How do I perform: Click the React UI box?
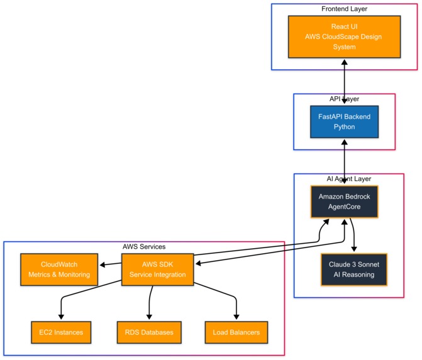pyautogui.click(x=344, y=36)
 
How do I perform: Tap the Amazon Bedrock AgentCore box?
pyautogui.click(x=344, y=201)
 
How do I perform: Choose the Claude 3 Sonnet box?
pyautogui.click(x=353, y=270)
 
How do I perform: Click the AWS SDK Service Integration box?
pyautogui.click(x=157, y=270)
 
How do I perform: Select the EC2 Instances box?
pyautogui.click(x=61, y=332)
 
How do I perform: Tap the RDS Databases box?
pyautogui.click(x=149, y=332)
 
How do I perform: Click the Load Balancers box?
pyautogui.click(x=236, y=332)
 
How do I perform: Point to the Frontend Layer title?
pyautogui.click(x=344, y=9)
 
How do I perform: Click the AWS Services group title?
pyautogui.click(x=144, y=247)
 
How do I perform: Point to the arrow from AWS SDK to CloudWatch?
pyautogui.click(x=111, y=265)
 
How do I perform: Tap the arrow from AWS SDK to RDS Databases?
pyautogui.click(x=150, y=302)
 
